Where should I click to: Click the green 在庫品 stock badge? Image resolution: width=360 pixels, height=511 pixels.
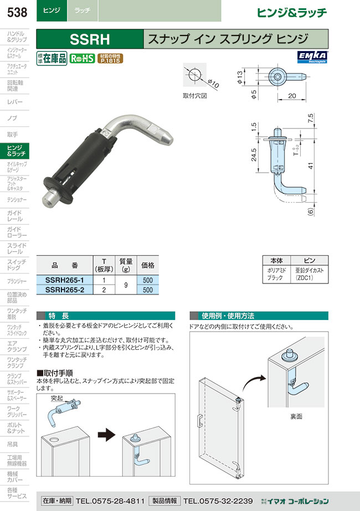coord(52,59)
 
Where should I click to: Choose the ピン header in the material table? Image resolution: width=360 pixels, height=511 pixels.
coord(310,259)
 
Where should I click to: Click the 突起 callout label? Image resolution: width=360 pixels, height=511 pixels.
coord(56,398)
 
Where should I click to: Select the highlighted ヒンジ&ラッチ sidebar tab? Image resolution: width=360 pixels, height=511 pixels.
coord(18,151)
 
